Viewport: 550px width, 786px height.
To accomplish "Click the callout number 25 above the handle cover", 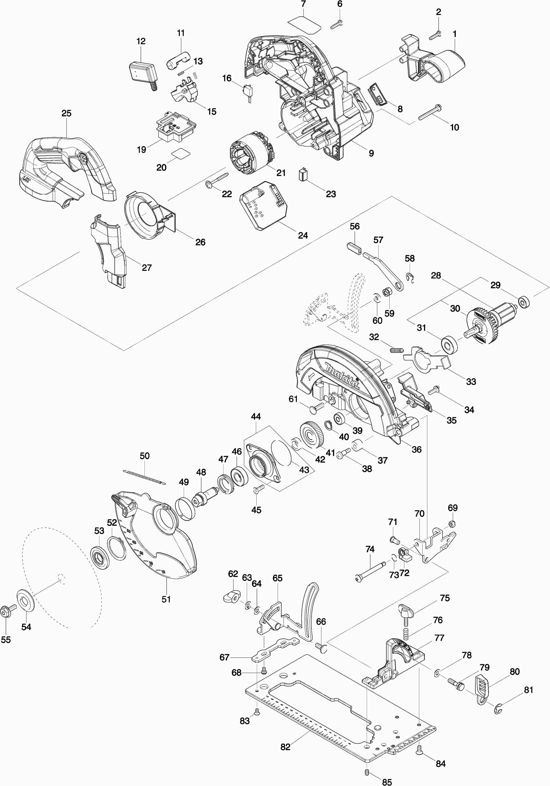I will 66,113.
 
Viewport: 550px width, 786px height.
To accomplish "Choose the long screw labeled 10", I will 430,113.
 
